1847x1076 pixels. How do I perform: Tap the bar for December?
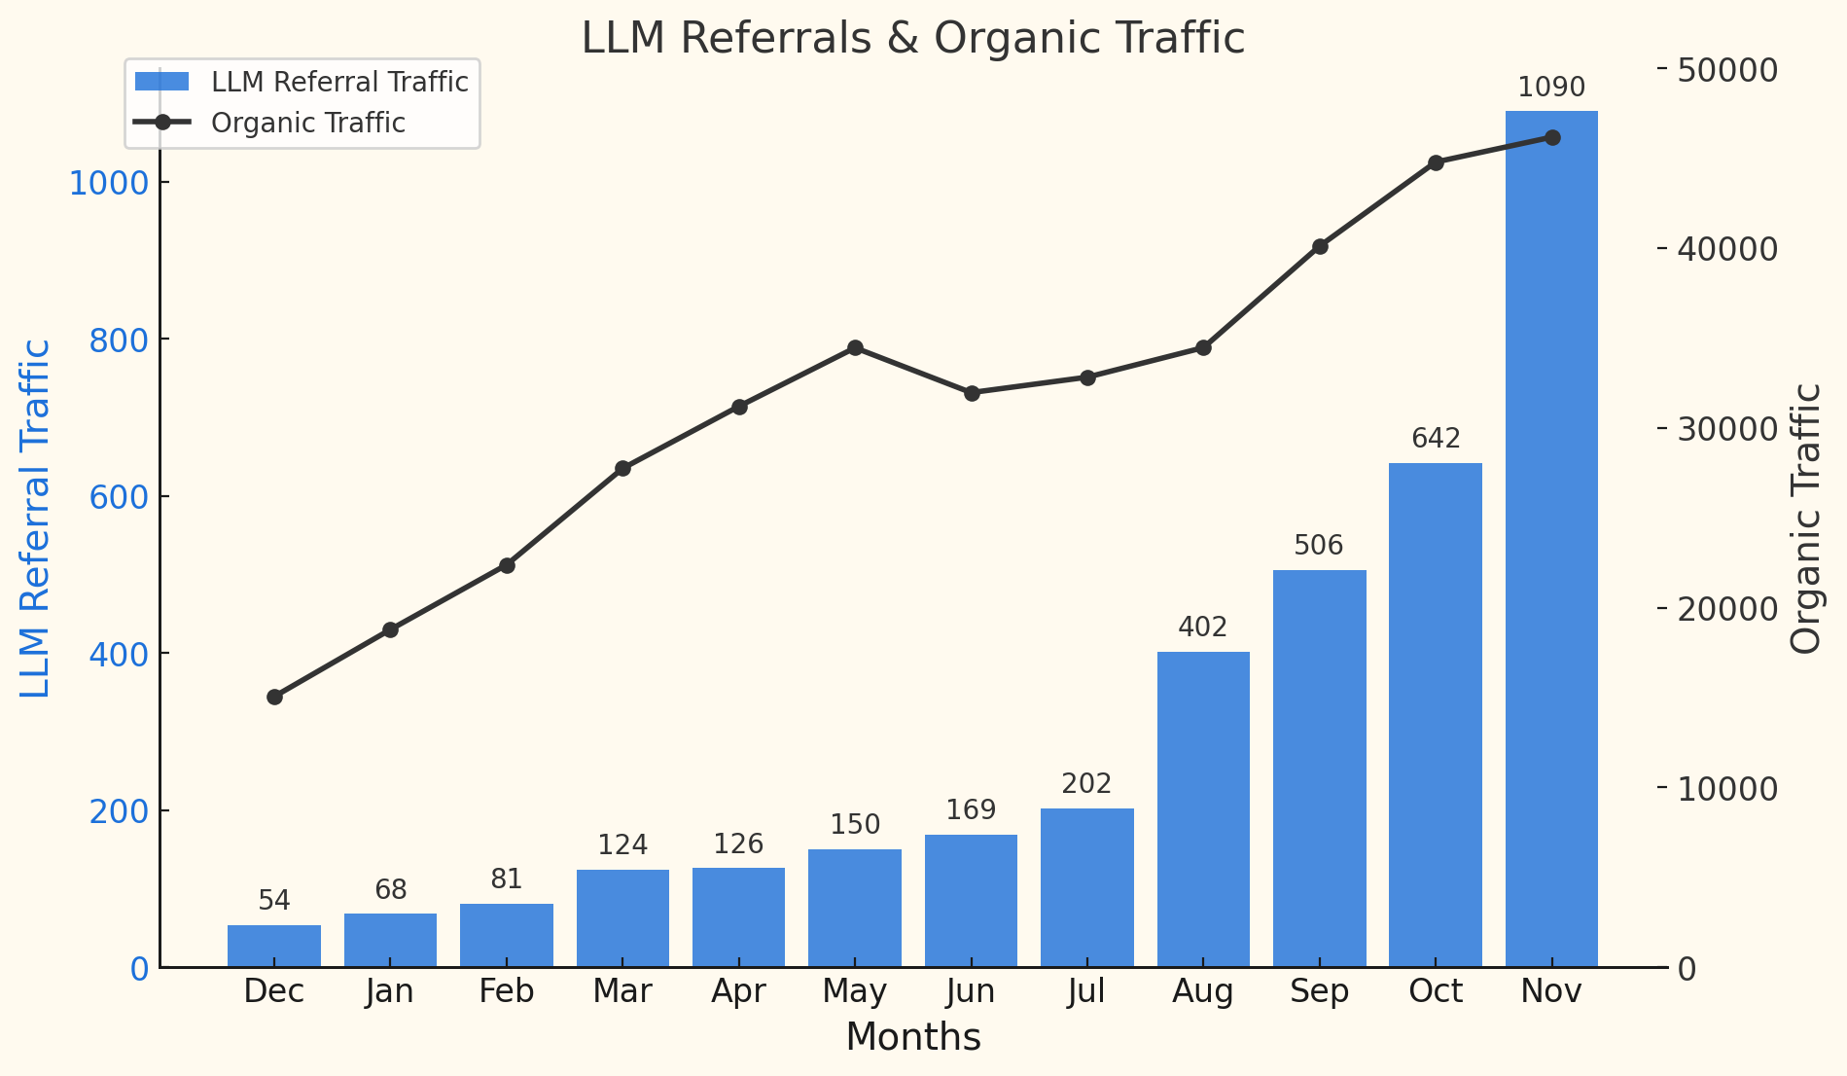point(274,947)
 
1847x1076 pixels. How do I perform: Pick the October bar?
point(1436,715)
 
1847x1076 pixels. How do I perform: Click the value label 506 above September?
point(1319,546)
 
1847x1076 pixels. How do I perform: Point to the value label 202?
point(1086,784)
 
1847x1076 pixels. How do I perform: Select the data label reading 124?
point(622,845)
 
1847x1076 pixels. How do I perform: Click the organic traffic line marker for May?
point(855,348)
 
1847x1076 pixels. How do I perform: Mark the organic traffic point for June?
point(972,393)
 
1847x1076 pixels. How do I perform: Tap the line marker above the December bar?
point(274,697)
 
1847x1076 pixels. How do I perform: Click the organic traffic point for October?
point(1436,162)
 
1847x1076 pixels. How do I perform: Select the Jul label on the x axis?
point(1086,992)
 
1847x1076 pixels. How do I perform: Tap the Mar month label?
point(622,992)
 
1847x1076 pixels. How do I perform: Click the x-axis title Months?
point(913,1038)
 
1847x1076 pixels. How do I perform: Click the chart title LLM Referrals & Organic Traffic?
point(912,39)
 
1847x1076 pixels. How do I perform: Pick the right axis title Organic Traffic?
point(1806,519)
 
